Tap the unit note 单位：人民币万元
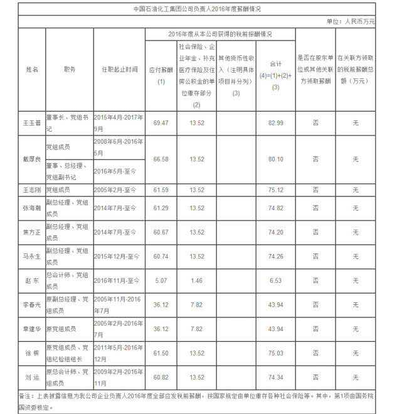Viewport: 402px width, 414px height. [351, 21]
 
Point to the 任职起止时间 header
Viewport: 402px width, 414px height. [119, 69]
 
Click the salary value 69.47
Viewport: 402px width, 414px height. [161, 122]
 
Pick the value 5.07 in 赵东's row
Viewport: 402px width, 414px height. [161, 280]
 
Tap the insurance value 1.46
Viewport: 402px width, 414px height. [197, 280]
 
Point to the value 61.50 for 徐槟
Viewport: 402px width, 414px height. [161, 353]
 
